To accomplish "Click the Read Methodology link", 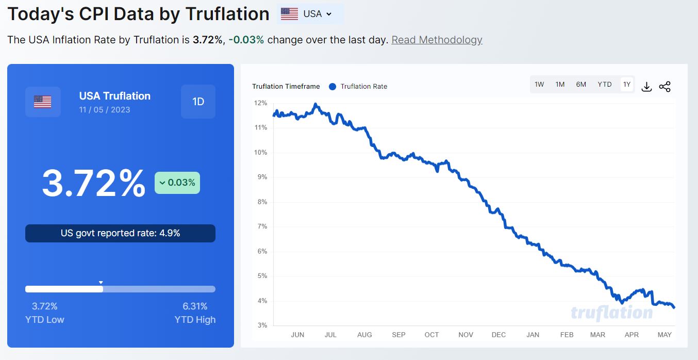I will point(437,40).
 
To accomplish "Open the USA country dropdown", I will point(310,14).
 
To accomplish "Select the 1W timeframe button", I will point(539,85).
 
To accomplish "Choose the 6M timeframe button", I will point(581,85).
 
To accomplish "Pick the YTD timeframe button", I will point(605,85).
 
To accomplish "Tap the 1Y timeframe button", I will point(626,85).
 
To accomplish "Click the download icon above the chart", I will point(646,87).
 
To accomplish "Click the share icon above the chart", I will point(664,87).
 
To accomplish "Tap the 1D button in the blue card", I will point(198,102).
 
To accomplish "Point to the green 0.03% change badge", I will point(177,183).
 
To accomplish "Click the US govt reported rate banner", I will point(120,233).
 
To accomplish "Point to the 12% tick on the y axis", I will point(260,103).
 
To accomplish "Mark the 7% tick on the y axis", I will point(262,226).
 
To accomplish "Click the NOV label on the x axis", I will point(466,335).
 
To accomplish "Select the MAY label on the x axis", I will point(664,335).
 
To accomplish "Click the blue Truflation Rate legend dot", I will point(332,87).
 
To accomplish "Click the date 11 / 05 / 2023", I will point(105,110).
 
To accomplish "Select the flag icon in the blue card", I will point(43,102).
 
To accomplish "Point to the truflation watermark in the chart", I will point(611,313).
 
